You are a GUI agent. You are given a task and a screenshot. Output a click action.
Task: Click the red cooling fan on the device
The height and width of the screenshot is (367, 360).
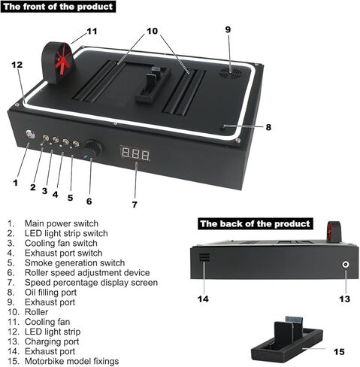coord(60,62)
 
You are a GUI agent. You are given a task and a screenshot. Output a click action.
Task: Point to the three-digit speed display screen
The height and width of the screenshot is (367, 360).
coord(135,153)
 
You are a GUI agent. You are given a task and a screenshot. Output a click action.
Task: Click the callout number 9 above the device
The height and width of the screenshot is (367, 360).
coord(228,29)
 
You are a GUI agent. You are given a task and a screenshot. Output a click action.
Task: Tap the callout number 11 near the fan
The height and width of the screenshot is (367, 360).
coord(92,32)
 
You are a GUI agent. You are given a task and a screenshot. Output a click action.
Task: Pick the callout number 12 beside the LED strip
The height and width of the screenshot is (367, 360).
coord(17,65)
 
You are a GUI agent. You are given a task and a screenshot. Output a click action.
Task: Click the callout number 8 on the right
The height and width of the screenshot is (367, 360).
coord(268,127)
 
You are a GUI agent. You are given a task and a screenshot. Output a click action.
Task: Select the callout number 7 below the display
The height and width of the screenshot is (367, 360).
coord(135,205)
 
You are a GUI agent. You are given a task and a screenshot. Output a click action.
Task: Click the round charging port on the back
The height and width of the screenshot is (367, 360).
coord(346,264)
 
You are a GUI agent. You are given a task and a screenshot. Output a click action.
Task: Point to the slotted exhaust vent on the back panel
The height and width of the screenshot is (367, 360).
coord(204,257)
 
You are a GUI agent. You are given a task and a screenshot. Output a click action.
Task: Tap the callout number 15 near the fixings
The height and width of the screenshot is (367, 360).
coord(339,352)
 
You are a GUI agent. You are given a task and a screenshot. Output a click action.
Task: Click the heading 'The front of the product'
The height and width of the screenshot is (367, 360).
coord(58,7)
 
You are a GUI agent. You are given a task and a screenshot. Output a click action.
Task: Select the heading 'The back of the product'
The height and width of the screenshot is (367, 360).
coord(256,223)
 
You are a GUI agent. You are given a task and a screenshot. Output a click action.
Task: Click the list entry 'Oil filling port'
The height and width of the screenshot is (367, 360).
coord(50,293)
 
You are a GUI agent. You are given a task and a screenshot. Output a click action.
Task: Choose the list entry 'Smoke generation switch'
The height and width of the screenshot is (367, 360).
coord(74,262)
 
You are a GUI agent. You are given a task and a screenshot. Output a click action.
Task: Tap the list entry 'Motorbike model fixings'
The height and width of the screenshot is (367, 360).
coord(71,361)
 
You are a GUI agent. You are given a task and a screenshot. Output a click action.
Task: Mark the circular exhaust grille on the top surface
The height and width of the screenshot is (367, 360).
coord(231,73)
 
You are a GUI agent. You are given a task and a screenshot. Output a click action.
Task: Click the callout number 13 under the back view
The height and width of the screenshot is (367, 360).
coord(344,299)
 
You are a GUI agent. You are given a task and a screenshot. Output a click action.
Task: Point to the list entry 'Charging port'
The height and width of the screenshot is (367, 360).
coord(52,341)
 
